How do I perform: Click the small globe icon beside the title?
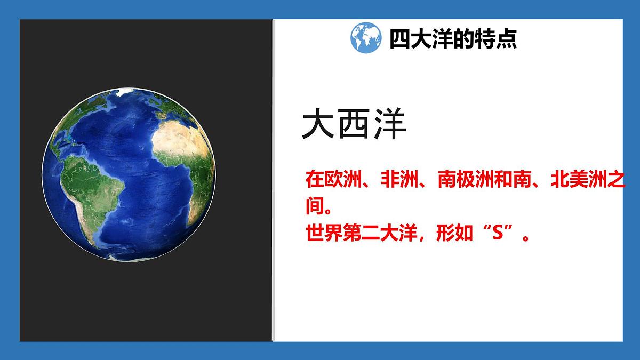[366, 37]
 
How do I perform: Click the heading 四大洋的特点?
[453, 39]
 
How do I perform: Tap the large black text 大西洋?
[354, 126]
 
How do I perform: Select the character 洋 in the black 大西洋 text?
[390, 126]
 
